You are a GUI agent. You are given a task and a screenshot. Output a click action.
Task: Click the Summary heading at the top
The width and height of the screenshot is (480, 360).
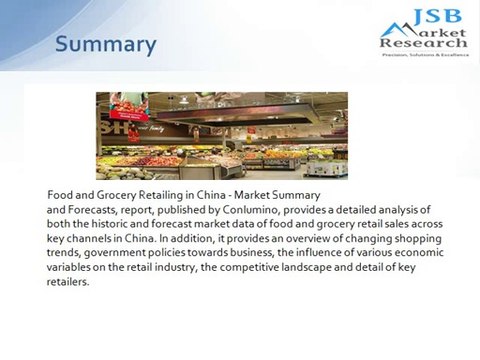pyautogui.click(x=105, y=44)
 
